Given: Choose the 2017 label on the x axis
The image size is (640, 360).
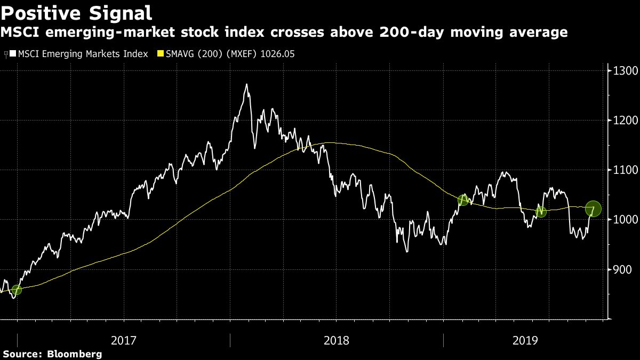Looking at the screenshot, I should [x=123, y=339].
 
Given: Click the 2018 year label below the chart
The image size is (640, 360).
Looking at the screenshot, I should [x=337, y=339].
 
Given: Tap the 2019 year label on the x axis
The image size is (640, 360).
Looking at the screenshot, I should [x=524, y=339].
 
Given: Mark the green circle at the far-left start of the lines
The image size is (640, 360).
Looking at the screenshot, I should [x=17, y=290].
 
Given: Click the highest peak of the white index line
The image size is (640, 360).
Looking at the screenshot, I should [x=246, y=84].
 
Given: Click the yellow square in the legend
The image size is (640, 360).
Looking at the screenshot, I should [x=159, y=54].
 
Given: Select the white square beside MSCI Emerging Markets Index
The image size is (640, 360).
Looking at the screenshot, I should [x=13, y=54].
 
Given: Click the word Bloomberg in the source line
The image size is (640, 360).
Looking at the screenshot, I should [x=75, y=354].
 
